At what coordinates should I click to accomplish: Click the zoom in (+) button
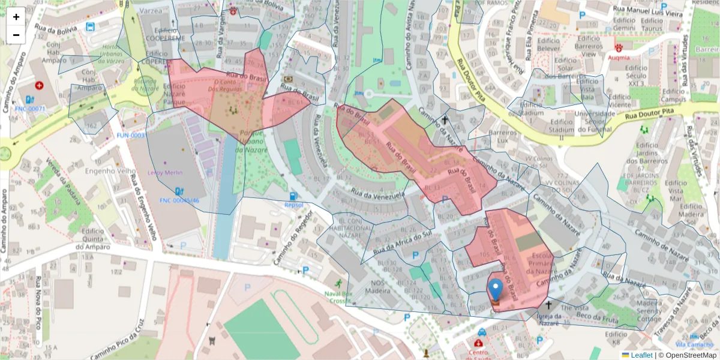(16, 17)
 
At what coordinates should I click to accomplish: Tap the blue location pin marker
(496, 290)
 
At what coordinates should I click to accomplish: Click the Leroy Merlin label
(169, 172)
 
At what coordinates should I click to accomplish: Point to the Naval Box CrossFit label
(340, 297)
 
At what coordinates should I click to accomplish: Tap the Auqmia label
(619, 58)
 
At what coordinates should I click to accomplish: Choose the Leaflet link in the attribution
(641, 355)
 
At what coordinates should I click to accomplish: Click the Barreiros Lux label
(502, 136)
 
